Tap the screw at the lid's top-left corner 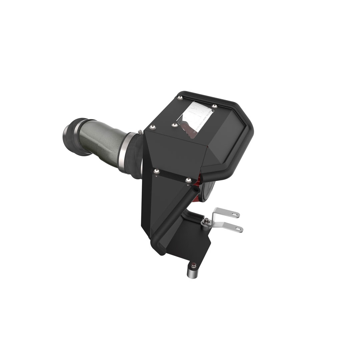pyautogui.click(x=180, y=97)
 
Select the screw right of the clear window pyautogui.click(x=215, y=106)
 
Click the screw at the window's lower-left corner pyautogui.click(x=174, y=125)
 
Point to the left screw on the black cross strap pyautogui.click(x=156, y=171)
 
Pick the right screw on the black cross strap pyautogui.click(x=188, y=180)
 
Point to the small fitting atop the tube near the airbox pyautogui.click(x=140, y=132)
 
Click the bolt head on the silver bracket pyautogui.click(x=207, y=220)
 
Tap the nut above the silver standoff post pyautogui.click(x=194, y=266)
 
